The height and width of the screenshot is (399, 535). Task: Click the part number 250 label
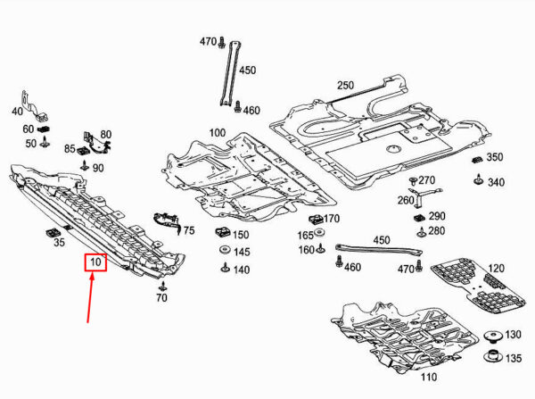coord(345,86)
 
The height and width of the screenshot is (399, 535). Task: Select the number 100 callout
coord(217,133)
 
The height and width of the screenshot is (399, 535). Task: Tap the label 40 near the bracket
coord(17,112)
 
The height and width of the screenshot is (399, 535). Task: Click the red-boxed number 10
coord(95,263)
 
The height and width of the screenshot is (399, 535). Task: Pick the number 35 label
coord(60,242)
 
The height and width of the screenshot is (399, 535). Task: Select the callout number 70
coord(161,297)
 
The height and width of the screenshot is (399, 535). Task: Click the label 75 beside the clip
coord(188,230)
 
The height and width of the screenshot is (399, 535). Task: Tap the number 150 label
coord(241,235)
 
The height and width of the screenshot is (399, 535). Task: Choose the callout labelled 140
coord(241,270)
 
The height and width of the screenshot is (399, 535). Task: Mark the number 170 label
coord(332,219)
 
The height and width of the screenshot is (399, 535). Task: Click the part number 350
coord(494,157)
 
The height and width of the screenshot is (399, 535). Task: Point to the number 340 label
coord(496,182)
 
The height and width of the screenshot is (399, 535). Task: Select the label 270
coord(426,180)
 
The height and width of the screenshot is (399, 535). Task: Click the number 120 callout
coord(496,269)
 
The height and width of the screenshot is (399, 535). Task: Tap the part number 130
coord(513,335)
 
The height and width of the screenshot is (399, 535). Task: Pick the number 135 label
coord(513,359)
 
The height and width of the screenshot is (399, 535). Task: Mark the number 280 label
coord(436,231)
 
